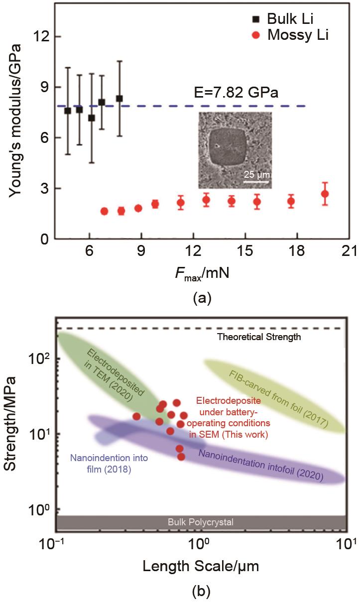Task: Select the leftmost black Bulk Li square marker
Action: click(x=68, y=111)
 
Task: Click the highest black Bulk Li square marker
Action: click(x=120, y=99)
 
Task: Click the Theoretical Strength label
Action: click(x=259, y=337)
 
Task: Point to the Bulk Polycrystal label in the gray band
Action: click(x=200, y=522)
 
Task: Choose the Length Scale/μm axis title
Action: click(x=201, y=566)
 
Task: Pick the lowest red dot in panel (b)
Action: click(x=181, y=457)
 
